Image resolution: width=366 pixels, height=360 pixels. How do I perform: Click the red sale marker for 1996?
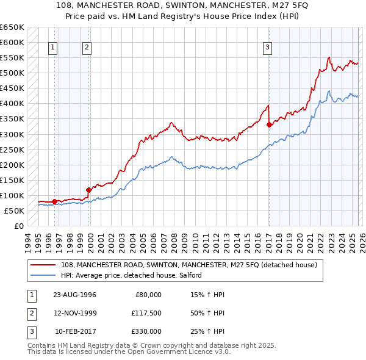pos(55,201)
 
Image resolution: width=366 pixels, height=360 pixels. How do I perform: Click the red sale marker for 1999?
pos(88,190)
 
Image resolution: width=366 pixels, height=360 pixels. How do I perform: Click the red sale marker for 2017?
pos(269,124)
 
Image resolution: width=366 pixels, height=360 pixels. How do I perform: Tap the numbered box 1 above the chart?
pos(53,48)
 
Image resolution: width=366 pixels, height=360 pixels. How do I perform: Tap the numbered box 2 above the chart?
pos(87,48)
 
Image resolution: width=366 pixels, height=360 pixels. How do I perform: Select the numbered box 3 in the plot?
pos(268,48)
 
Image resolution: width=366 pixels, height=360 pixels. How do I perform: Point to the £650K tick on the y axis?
pos(12,27)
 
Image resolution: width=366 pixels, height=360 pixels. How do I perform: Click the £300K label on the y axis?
pos(12,134)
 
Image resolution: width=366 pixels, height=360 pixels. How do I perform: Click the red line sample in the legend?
pos(43,265)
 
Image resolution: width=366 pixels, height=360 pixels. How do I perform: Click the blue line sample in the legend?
pos(43,276)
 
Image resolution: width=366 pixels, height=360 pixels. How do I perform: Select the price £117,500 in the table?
pos(145,313)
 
